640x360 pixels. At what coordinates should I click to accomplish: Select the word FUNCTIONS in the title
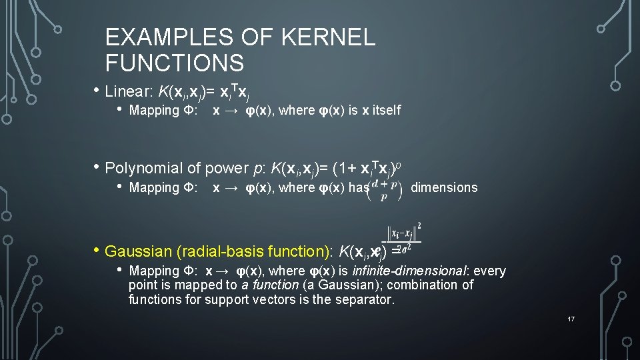tap(175, 63)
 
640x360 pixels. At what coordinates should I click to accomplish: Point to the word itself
tap(383, 110)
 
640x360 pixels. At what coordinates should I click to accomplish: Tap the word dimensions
tap(444, 187)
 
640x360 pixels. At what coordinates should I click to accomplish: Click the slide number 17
tap(571, 319)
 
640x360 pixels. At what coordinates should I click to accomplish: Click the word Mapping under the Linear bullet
tap(154, 110)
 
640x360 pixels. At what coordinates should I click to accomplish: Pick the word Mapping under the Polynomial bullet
tap(154, 187)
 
